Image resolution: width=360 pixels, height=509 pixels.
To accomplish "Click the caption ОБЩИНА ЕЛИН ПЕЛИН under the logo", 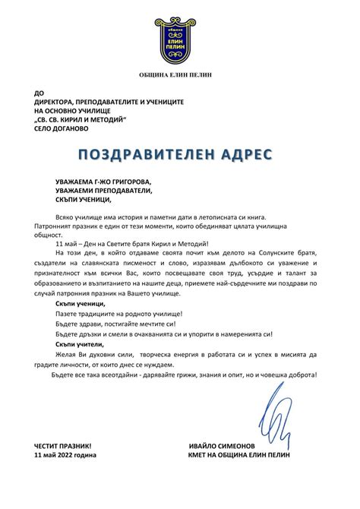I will [x=180, y=77].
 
